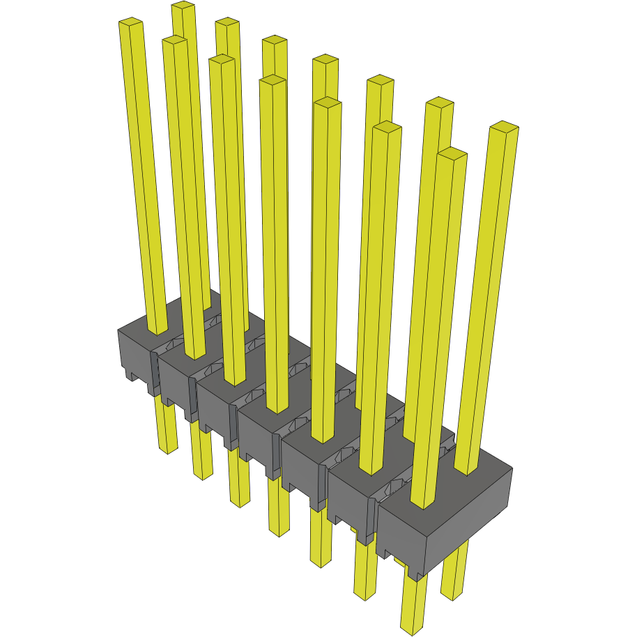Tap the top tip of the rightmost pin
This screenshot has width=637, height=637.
point(504,127)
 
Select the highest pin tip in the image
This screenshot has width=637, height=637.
point(183,6)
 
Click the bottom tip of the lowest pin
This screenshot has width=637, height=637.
point(412,629)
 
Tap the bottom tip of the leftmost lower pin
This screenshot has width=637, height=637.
point(166,448)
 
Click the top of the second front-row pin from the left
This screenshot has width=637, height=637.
point(174,41)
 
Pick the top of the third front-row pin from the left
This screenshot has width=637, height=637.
point(221,60)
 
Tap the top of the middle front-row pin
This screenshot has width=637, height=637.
point(273,81)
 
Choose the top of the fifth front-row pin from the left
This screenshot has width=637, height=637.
point(328,103)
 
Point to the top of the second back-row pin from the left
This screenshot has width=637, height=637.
point(227,22)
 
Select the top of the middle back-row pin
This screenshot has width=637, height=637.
point(325,60)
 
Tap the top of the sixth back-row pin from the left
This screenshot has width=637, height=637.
point(439,104)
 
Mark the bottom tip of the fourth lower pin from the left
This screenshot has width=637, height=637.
point(279,531)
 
